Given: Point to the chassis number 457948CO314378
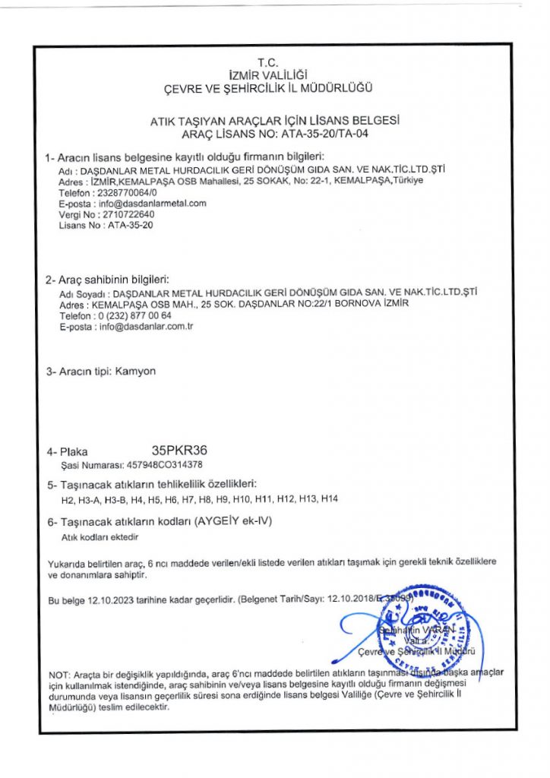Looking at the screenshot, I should click(x=162, y=464).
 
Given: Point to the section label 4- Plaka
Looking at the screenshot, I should click(x=68, y=451).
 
